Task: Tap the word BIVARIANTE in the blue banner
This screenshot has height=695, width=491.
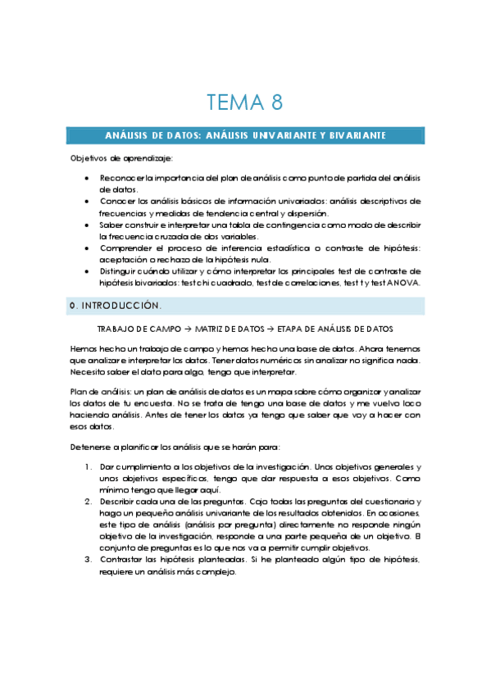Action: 352,135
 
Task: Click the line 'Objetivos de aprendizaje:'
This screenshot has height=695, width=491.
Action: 121,158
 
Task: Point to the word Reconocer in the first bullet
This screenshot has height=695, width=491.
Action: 120,178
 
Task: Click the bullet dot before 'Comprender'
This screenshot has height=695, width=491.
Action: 88,248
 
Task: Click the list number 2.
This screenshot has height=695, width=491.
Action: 88,501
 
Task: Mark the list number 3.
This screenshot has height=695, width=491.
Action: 88,559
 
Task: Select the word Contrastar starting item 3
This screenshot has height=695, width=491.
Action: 123,559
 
